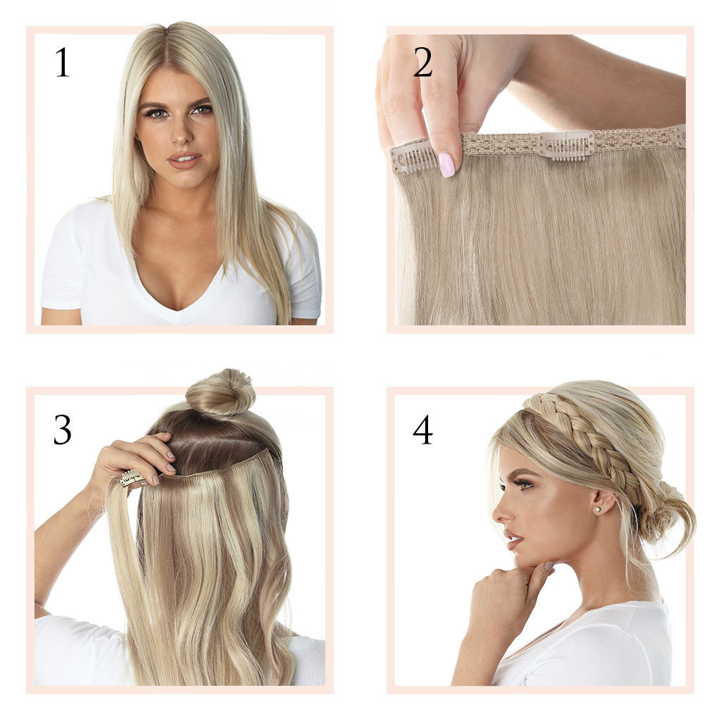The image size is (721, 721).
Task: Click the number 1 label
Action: tap(62, 63)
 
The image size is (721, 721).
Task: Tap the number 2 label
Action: tap(422, 63)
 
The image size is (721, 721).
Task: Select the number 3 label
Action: tap(62, 430)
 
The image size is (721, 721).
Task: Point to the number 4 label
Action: tap(422, 430)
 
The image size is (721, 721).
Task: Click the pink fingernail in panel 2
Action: tap(446, 165)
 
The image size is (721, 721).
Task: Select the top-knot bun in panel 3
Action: tap(220, 393)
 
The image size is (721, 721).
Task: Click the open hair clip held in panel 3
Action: tap(132, 477)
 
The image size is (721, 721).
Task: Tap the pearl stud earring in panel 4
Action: tap(597, 510)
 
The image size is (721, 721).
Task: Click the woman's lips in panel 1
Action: tap(184, 160)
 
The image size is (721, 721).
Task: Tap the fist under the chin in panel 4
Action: tap(500, 593)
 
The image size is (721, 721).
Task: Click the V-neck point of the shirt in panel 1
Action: tap(180, 310)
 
